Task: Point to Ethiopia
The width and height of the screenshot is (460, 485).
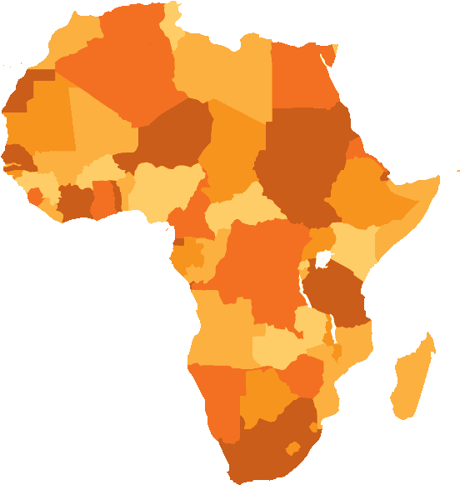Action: (367, 187)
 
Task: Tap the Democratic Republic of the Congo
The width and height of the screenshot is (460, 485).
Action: (258, 267)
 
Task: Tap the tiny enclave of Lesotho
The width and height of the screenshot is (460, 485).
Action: (292, 448)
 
